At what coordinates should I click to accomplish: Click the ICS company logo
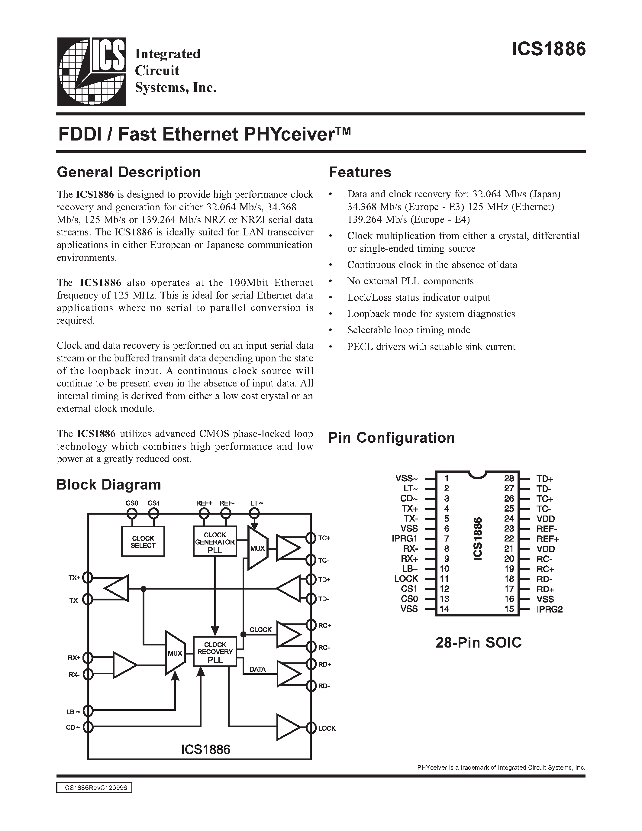pos(91,72)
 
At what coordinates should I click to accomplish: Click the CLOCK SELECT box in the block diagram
pos(143,542)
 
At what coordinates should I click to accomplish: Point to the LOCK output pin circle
pos(311,728)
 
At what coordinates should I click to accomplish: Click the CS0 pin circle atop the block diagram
pos(132,514)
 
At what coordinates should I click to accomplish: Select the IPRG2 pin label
pos(550,609)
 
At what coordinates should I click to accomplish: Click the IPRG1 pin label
pos(405,539)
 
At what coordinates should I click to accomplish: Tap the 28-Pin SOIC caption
pos(479,643)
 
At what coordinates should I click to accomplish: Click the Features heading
pos(360,172)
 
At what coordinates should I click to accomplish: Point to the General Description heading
pos(129,172)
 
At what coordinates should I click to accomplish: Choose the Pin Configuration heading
pos(391,438)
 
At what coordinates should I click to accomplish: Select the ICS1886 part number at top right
pos(548,50)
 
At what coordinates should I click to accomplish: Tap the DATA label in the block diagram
pos(257,669)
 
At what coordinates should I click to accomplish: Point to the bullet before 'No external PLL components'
pos(331,282)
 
